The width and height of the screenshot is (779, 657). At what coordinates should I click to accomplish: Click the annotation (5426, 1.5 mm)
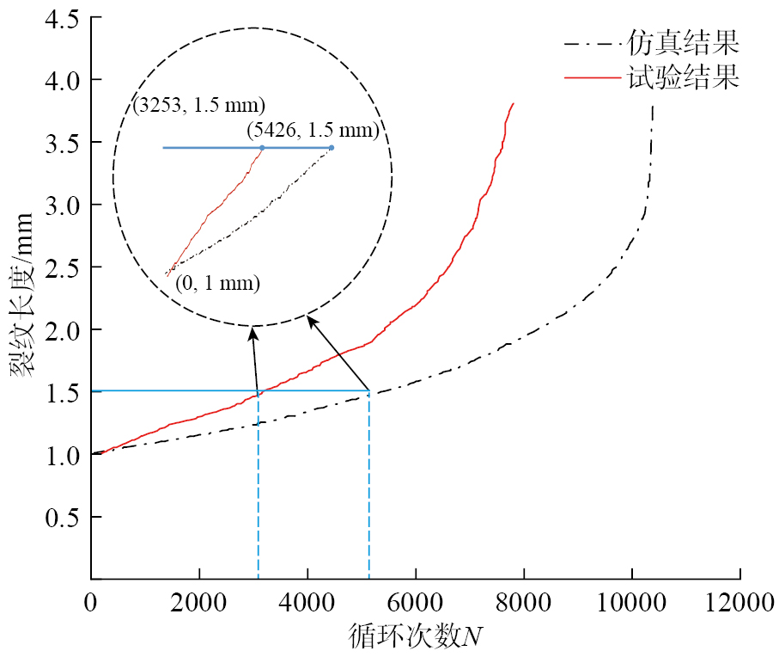pyautogui.click(x=313, y=131)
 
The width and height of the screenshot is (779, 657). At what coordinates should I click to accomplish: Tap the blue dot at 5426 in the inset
pyautogui.click(x=332, y=148)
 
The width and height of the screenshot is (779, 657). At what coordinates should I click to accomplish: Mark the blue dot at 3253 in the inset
pyautogui.click(x=262, y=148)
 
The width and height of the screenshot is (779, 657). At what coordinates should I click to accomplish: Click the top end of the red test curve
pyautogui.click(x=514, y=103)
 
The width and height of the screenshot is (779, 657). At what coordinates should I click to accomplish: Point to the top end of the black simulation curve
pyautogui.click(x=653, y=106)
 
